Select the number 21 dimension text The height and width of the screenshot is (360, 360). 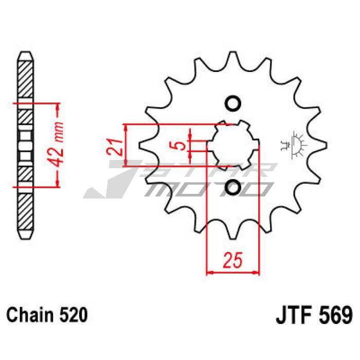[x=114, y=147]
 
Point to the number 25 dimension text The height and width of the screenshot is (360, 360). [x=232, y=260]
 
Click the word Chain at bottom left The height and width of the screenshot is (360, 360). [x=30, y=315]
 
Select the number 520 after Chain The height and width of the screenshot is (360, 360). [x=73, y=315]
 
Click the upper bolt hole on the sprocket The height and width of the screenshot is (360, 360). [x=233, y=103]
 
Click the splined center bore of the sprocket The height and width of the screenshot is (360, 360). [x=233, y=146]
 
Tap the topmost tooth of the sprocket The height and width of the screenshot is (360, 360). [x=233, y=60]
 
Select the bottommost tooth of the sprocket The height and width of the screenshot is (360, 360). [x=233, y=231]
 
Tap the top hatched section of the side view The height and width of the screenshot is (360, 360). [x=25, y=79]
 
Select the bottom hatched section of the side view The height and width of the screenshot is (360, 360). [x=25, y=211]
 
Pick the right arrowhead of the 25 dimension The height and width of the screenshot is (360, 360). [x=257, y=273]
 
